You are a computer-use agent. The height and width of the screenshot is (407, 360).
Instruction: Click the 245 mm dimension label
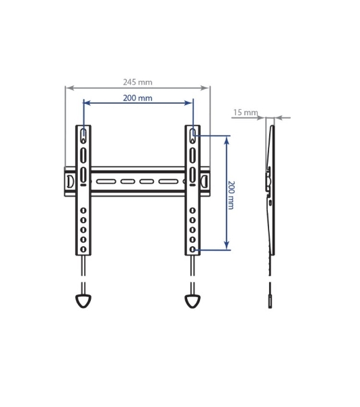[x=138, y=82]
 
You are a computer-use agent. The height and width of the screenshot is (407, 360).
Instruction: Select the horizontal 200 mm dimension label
[x=138, y=98]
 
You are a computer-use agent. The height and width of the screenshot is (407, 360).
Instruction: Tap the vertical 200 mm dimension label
[x=231, y=195]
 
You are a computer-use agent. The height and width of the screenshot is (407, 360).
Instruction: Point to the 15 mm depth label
[x=245, y=113]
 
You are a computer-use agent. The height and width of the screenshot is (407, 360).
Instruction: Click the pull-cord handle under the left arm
[x=83, y=301]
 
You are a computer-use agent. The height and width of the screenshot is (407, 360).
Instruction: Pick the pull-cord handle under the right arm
[x=193, y=301]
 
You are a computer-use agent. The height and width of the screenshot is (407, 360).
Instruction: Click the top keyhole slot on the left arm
[x=83, y=136]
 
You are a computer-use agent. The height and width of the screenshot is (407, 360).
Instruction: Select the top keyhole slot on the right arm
[x=193, y=136]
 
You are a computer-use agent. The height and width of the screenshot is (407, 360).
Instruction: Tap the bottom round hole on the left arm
[x=83, y=249]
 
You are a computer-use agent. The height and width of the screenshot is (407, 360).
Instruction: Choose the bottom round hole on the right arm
[x=193, y=249]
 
